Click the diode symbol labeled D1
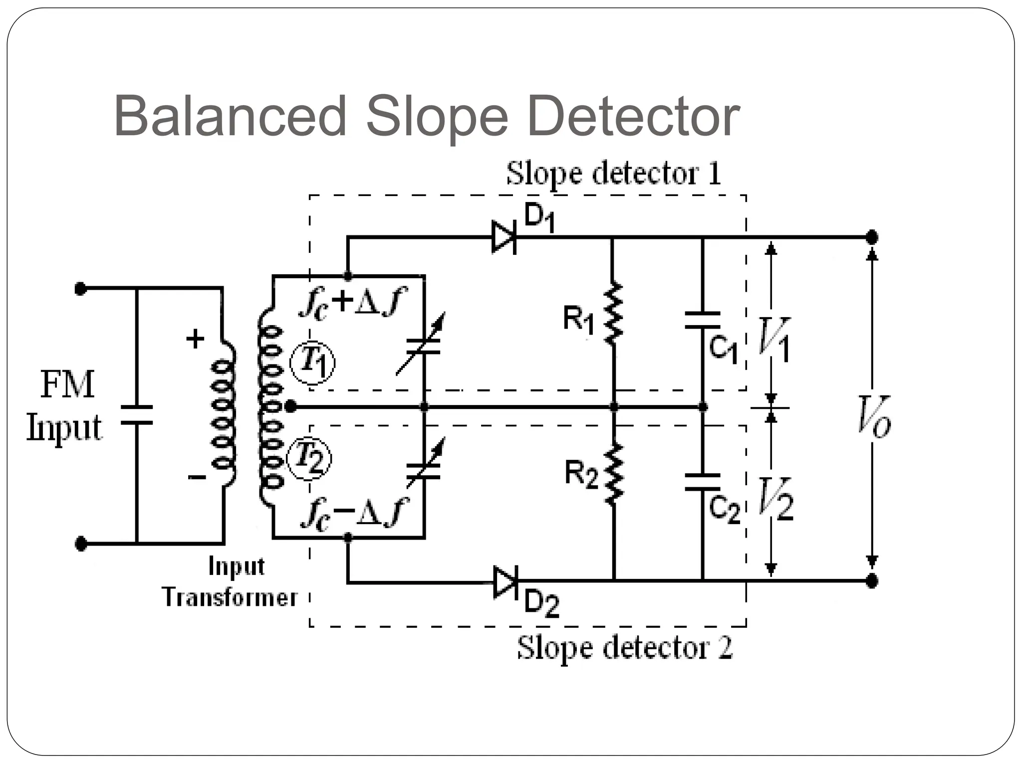[x=504, y=237]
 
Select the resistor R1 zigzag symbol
[x=613, y=314]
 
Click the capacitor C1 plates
[x=703, y=320]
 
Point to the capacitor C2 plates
[x=703, y=482]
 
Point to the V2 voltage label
[x=775, y=499]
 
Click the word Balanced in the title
[x=230, y=116]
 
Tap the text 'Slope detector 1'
[x=613, y=174]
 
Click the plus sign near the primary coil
[x=195, y=339]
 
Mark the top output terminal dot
[x=872, y=237]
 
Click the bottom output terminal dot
[x=872, y=581]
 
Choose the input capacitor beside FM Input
[x=136, y=415]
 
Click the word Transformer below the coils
[x=230, y=597]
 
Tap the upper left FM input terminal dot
[x=80, y=288]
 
